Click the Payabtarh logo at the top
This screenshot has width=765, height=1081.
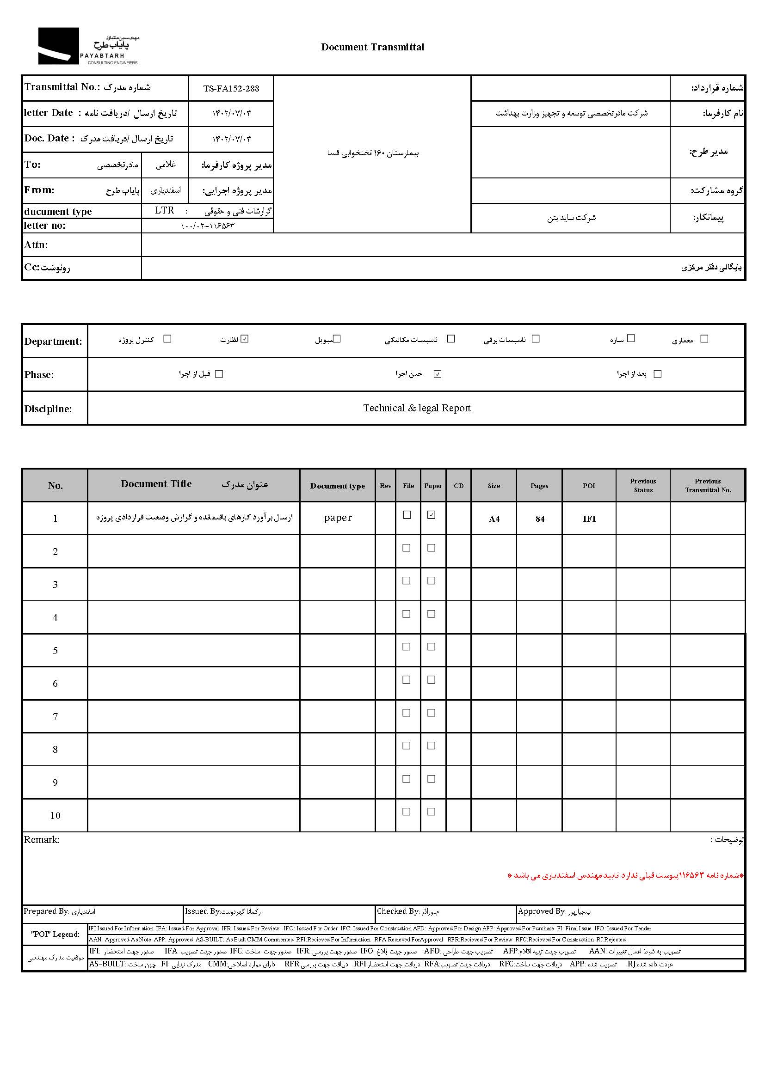[x=88, y=46]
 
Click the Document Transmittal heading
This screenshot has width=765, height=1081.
[x=372, y=47]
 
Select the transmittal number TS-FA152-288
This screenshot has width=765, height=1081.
[x=231, y=89]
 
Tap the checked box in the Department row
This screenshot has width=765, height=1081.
[x=245, y=339]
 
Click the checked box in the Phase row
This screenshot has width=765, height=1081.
[x=438, y=374]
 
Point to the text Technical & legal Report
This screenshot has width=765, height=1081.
[x=416, y=408]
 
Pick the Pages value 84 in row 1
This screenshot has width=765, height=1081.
[x=539, y=519]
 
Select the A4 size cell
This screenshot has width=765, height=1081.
[x=494, y=519]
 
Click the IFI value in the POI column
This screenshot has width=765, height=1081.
[x=589, y=519]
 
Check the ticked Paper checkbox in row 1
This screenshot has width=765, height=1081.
[x=431, y=515]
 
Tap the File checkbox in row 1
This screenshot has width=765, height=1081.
[x=407, y=515]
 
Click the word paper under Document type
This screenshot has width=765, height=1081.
[x=338, y=518]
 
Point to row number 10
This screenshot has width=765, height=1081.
[x=55, y=816]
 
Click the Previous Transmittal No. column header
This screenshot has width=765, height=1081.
[x=708, y=485]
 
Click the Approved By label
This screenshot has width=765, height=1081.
[x=541, y=911]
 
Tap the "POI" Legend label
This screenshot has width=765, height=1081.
[x=55, y=934]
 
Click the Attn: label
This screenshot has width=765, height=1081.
[x=36, y=245]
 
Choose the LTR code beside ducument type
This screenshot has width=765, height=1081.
[x=164, y=210]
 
